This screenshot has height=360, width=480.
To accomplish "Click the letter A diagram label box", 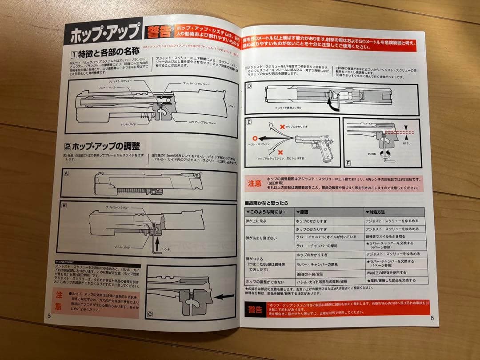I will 66,173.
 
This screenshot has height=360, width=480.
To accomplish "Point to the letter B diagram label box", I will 64,205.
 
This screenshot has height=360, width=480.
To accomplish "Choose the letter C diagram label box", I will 150,314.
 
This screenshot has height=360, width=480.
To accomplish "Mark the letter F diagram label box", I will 348,163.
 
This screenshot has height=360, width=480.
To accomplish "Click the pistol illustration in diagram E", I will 316,142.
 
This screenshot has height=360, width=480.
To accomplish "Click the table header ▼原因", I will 304,212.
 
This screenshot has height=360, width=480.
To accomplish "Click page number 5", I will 50,316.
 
